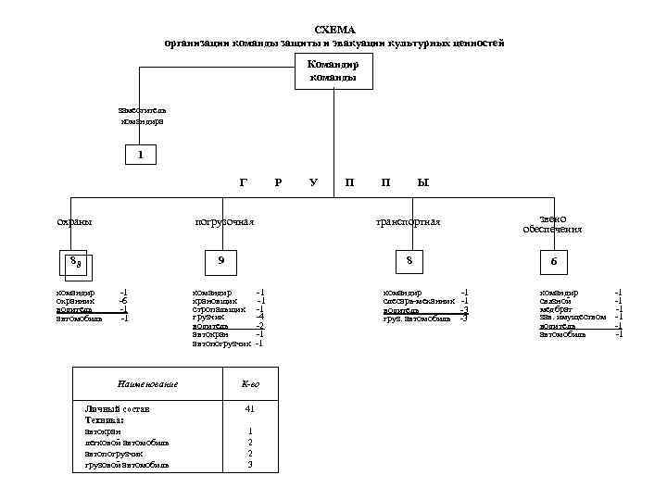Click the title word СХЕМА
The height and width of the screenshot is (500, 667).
point(334,30)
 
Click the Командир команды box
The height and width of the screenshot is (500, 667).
point(333,71)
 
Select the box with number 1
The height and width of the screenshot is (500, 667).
point(140,155)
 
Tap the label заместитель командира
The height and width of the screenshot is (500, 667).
point(142,115)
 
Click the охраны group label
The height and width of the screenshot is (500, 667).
point(75,221)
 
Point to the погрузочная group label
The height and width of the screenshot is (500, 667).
point(224,221)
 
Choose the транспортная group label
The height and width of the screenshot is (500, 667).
point(408,221)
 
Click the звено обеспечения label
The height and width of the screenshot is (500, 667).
point(552,222)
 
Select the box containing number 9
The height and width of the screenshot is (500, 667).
point(220,262)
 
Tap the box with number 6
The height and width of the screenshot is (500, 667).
point(554,263)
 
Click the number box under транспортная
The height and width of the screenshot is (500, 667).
point(408,262)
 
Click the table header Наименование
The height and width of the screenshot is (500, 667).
point(146,383)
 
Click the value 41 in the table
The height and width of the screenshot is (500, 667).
point(250,408)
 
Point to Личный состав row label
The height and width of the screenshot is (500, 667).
point(117,408)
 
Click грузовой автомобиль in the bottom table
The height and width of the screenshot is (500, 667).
point(127,465)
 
